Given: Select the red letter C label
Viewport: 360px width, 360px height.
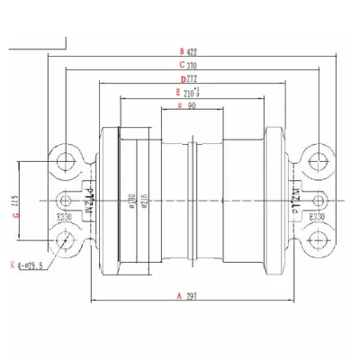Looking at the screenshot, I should coord(182,65).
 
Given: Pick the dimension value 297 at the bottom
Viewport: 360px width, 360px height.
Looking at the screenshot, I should coord(192,296).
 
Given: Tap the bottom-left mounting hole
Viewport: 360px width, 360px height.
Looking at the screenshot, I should coord(65,238).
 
